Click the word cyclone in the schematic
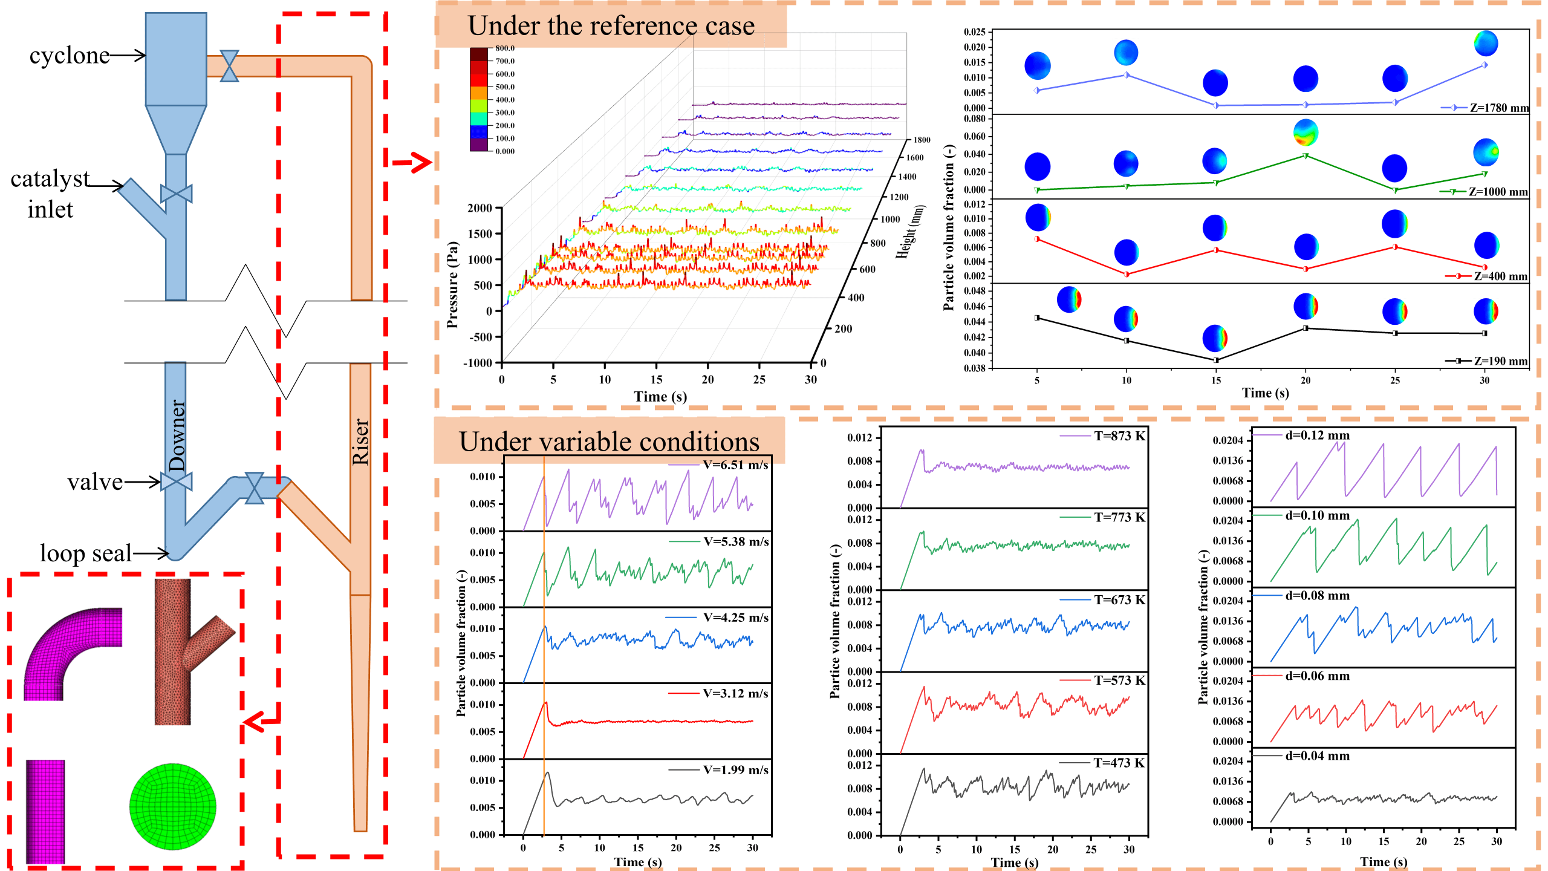[x=70, y=56]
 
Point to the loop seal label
[x=86, y=553]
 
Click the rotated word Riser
[x=360, y=441]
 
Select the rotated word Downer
[x=177, y=435]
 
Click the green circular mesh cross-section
[x=173, y=806]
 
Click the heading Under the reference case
[x=611, y=26]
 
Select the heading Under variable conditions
[x=609, y=442]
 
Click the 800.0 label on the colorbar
[x=505, y=48]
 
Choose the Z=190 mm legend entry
[x=1500, y=361]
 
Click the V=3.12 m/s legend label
[x=735, y=693]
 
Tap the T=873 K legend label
[x=1119, y=436]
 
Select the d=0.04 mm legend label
[x=1317, y=756]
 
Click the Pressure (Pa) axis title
[x=452, y=285]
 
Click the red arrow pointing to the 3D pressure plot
[x=412, y=162]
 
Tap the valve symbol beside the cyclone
[x=229, y=66]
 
